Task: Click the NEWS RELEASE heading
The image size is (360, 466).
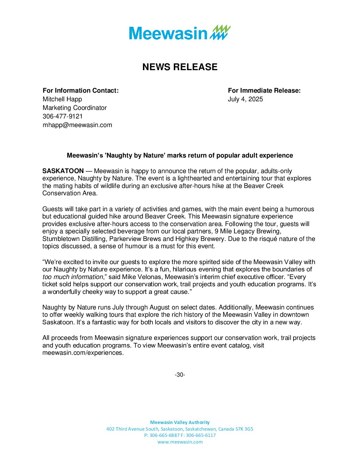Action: (180, 67)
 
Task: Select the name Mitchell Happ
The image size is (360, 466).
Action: (62, 99)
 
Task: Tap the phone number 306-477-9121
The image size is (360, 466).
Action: (63, 117)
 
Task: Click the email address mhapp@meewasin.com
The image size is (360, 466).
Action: (77, 125)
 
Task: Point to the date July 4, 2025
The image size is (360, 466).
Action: (245, 99)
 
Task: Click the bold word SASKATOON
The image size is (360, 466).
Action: (63, 171)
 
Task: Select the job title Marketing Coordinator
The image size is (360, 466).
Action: (75, 108)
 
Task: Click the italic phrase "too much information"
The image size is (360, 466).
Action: (73, 277)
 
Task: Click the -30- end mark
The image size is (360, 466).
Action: (180, 375)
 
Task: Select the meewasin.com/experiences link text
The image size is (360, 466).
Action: (83, 353)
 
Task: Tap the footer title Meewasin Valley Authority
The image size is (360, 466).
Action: (180, 422)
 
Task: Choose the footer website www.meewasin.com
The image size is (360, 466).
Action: (180, 442)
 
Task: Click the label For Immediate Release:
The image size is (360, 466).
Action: (264, 91)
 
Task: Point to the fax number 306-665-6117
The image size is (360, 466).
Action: (201, 435)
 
